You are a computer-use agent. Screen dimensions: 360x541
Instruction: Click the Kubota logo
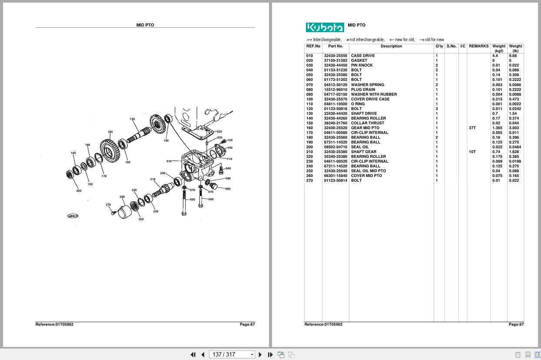click(325, 27)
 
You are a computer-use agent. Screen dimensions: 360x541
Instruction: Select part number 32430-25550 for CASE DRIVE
click(335, 56)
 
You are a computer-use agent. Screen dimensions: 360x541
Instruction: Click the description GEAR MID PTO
click(365, 128)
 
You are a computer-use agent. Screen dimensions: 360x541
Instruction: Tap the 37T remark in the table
click(472, 128)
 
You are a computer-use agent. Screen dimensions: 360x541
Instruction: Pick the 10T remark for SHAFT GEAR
click(472, 152)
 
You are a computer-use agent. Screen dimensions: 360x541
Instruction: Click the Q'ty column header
click(439, 46)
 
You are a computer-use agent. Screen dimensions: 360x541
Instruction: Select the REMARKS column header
click(478, 46)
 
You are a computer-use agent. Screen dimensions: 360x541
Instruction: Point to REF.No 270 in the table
click(309, 180)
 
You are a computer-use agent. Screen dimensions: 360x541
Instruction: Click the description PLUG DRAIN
click(363, 90)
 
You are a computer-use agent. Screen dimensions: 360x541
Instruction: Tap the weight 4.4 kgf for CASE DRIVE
click(495, 56)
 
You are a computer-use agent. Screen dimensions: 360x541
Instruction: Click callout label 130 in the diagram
click(132, 119)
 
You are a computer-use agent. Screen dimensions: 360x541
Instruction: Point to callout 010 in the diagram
click(169, 161)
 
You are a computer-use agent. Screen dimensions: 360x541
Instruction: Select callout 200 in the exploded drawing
click(79, 191)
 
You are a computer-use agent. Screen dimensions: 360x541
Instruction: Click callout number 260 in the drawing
click(122, 197)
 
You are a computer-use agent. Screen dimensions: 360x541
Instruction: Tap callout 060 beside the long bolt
click(211, 200)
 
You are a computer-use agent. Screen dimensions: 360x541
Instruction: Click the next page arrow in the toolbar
click(260, 354)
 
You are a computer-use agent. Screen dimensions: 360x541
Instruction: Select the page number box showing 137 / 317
click(230, 354)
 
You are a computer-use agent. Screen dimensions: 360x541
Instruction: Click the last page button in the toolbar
click(270, 354)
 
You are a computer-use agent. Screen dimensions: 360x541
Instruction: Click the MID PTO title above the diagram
click(145, 25)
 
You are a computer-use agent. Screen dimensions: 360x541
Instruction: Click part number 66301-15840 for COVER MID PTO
click(335, 176)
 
